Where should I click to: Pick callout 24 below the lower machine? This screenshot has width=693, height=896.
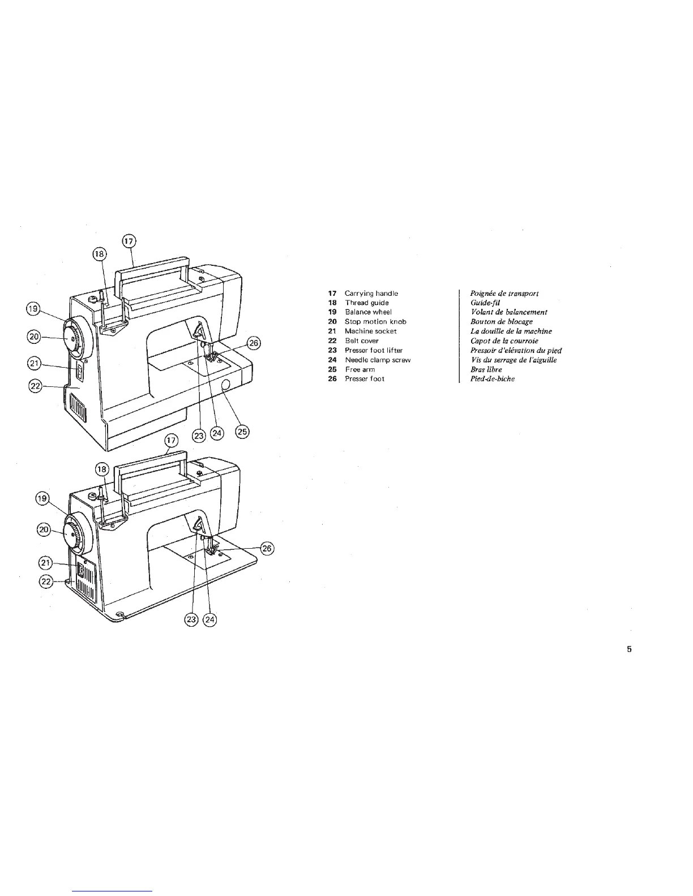209,619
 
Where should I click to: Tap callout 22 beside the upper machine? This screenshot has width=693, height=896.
35,386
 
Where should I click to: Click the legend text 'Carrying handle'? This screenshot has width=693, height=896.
371,294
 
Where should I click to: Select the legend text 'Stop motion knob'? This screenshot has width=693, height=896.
375,322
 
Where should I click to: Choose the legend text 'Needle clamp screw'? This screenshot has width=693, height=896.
378,360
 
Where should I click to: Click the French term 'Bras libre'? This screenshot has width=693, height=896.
486,369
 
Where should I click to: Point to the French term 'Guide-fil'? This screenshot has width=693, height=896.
485,303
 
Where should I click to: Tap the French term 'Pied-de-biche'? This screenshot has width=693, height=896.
493,379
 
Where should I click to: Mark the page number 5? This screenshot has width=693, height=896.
629,649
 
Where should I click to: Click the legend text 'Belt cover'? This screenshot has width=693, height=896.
362,341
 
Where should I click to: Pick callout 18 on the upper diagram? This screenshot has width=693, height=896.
100,255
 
